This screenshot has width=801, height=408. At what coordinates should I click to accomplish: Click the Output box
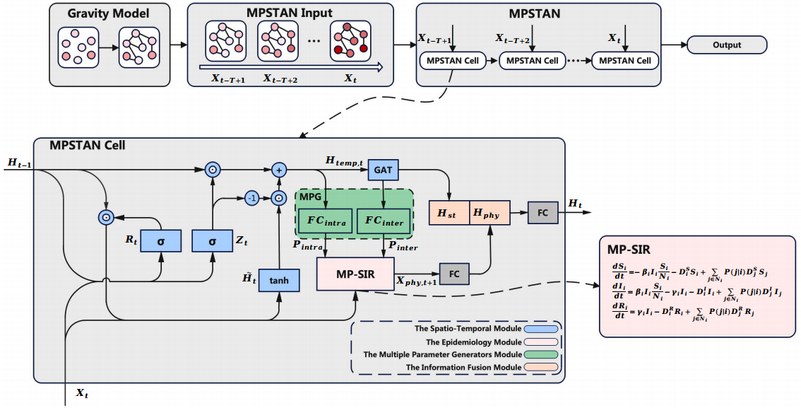pyautogui.click(x=727, y=45)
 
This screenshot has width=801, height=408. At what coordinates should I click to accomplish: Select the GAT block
pyautogui.click(x=384, y=170)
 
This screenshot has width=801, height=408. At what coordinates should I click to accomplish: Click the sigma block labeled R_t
pyautogui.click(x=160, y=241)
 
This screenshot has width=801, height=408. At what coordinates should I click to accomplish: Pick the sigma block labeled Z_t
pyautogui.click(x=213, y=241)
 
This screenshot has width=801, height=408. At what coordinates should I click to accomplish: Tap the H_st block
pyautogui.click(x=448, y=213)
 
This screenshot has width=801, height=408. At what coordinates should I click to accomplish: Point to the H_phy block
pyautogui.click(x=488, y=213)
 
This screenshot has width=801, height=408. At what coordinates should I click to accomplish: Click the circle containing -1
pyautogui.click(x=251, y=199)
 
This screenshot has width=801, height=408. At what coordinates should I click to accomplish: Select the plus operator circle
pyautogui.click(x=280, y=170)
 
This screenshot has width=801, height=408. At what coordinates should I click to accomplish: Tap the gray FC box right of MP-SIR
pyautogui.click(x=454, y=273)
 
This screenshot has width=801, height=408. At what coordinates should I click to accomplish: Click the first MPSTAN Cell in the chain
pyautogui.click(x=453, y=61)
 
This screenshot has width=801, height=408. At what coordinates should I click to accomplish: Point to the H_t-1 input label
pyautogui.click(x=20, y=164)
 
